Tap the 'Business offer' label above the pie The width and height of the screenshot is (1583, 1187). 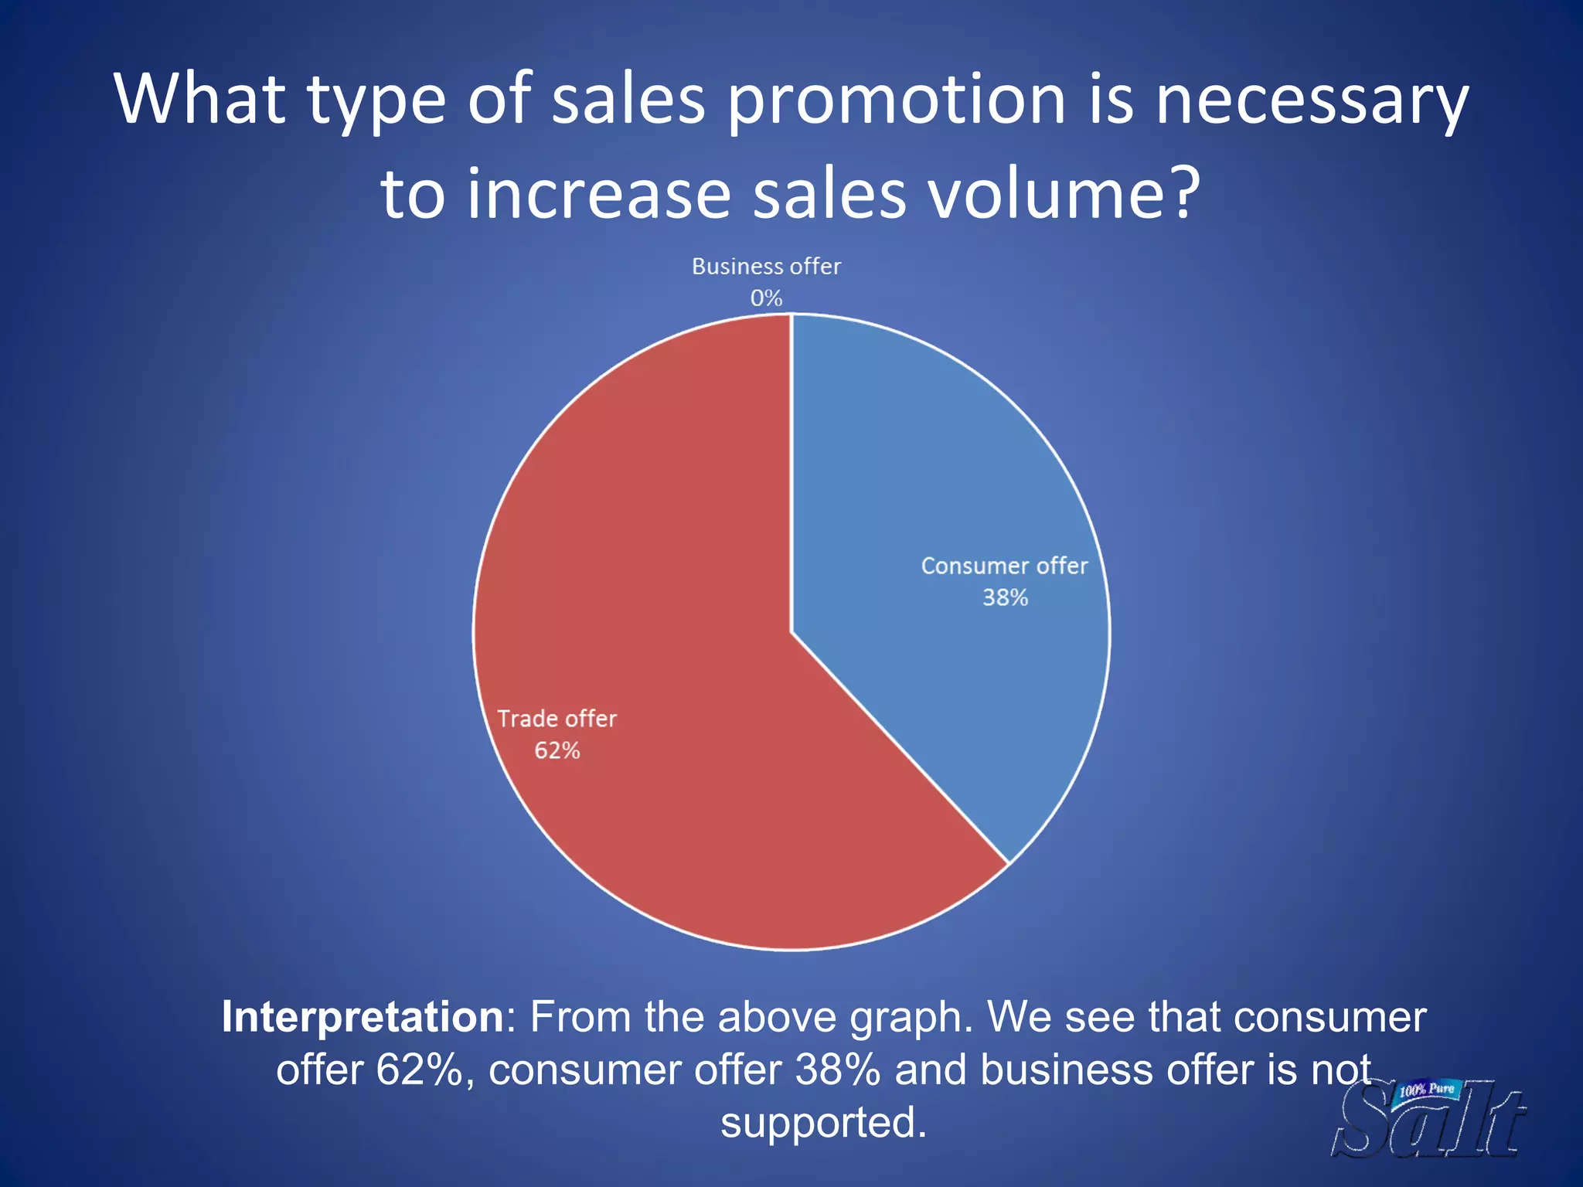(766, 267)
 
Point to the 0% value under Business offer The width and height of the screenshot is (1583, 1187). (766, 298)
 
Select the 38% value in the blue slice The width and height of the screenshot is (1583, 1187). (1005, 597)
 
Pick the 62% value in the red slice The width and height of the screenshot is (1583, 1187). (557, 750)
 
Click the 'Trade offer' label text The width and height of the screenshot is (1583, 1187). (557, 719)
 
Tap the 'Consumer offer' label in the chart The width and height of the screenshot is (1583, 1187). (1004, 566)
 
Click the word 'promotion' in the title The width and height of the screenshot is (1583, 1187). (897, 100)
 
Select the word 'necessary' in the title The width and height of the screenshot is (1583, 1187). (1311, 100)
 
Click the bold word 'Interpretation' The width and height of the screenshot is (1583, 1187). (363, 1017)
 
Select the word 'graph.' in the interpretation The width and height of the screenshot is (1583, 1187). (911, 1017)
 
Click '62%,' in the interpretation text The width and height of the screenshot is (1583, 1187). (425, 1070)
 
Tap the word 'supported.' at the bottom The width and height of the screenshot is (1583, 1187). (823, 1122)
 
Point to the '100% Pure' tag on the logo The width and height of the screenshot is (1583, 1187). (1426, 1090)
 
